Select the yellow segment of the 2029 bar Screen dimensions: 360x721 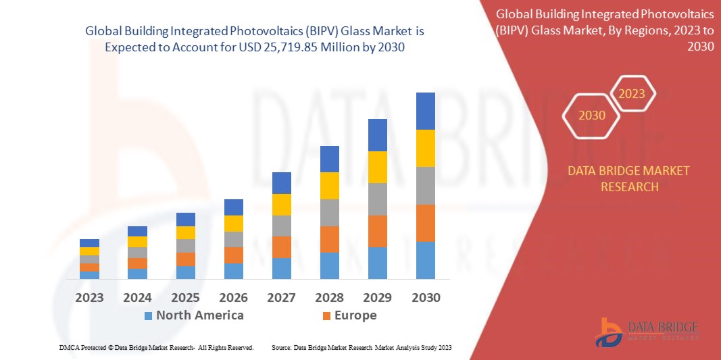click(377, 167)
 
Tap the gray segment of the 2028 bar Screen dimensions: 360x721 click(329, 212)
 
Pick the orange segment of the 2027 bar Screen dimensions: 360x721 click(281, 247)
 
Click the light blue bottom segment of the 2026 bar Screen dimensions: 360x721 click(234, 271)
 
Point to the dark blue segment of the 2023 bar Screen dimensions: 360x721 click(89, 243)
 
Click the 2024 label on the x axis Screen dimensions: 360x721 click(137, 297)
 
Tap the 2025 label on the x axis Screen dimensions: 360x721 click(185, 297)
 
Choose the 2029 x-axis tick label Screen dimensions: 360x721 click(377, 297)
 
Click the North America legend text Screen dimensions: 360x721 click(199, 315)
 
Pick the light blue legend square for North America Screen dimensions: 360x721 click(147, 315)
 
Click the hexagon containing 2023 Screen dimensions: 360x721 click(632, 94)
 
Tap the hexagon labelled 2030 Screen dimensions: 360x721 click(592, 115)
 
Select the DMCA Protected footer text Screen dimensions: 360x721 click(156, 347)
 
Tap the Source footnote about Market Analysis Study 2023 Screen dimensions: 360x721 click(361, 347)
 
